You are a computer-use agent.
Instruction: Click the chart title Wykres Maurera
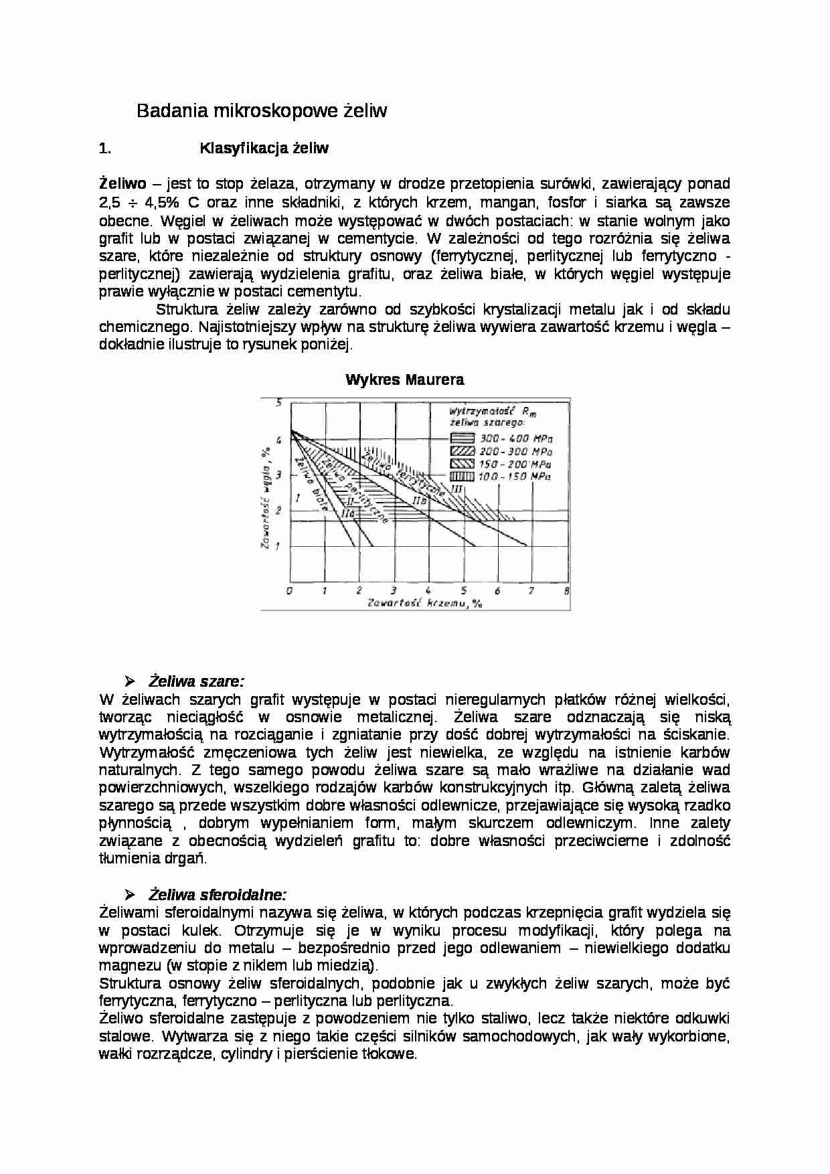[404, 380]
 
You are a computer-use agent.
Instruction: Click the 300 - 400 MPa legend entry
[514, 438]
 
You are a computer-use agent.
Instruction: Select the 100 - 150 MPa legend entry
[514, 477]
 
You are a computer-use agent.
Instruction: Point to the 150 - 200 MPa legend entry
[514, 464]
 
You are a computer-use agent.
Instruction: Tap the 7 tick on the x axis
[531, 590]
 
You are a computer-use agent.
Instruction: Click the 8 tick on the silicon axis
[567, 590]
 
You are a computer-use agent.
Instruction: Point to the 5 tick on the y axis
[280, 402]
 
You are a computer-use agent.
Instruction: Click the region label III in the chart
[457, 489]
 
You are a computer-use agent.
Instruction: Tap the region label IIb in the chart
[420, 501]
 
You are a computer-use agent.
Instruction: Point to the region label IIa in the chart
[347, 513]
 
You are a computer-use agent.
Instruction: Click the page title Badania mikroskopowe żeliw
[262, 110]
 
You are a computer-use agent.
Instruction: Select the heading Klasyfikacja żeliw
[264, 149]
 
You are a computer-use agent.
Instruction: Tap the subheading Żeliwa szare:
[196, 681]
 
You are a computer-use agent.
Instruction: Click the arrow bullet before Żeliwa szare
[129, 681]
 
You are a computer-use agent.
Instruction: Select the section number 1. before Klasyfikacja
[104, 149]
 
